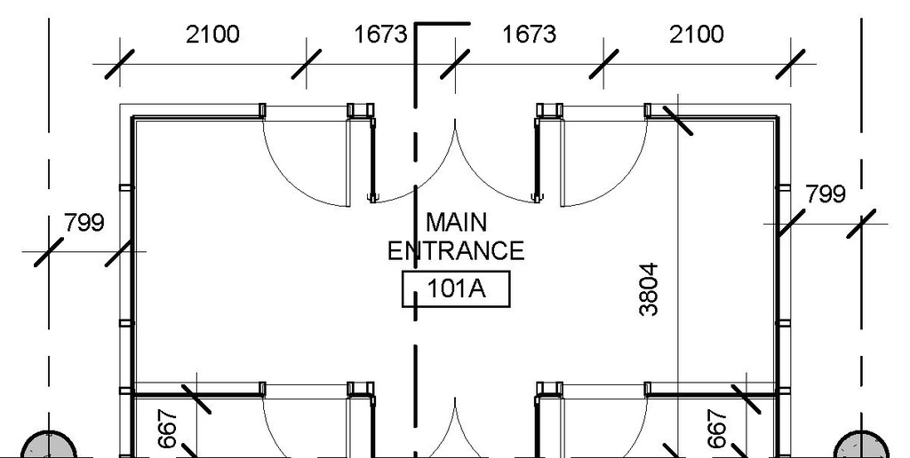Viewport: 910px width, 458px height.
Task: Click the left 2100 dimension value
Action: pos(212,35)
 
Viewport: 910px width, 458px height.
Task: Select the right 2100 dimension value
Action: pos(697,35)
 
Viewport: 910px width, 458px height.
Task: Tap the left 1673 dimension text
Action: pos(381,35)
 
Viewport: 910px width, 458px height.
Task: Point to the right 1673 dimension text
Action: pos(530,35)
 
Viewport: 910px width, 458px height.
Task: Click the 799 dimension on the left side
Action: pos(84,222)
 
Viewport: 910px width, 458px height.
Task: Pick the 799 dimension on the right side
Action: pos(826,193)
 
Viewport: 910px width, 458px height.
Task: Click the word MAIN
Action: pos(456,222)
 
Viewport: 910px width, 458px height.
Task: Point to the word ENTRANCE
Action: pos(456,250)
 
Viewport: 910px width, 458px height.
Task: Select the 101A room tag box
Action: pos(457,288)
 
